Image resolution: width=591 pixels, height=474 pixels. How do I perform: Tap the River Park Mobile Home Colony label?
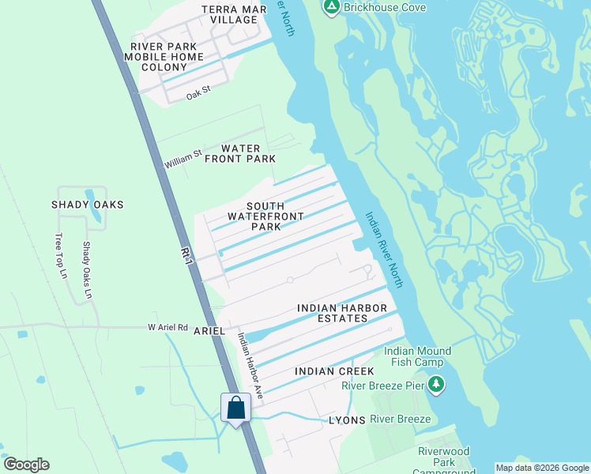pyautogui.click(x=167, y=57)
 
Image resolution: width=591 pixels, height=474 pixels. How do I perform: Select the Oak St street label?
pyautogui.click(x=199, y=94)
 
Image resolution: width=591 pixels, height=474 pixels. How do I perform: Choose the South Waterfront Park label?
pyautogui.click(x=254, y=216)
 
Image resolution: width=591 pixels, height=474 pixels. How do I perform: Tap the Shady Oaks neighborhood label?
pyautogui.click(x=88, y=205)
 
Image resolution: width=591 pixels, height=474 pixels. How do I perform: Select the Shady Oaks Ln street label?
pyautogui.click(x=87, y=270)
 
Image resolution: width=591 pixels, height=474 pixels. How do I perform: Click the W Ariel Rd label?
pyautogui.click(x=168, y=326)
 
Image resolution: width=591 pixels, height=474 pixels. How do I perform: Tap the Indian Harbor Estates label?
pyautogui.click(x=343, y=313)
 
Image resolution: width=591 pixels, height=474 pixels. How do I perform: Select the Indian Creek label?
pyautogui.click(x=328, y=371)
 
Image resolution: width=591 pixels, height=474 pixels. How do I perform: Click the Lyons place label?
pyautogui.click(x=347, y=420)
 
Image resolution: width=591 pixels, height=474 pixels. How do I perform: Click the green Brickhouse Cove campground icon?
pyautogui.click(x=332, y=8)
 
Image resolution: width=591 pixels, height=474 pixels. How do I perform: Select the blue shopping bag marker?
pyautogui.click(x=235, y=408)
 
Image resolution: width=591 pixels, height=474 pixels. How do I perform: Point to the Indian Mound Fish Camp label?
pyautogui.click(x=417, y=357)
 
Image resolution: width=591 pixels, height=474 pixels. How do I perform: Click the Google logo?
pyautogui.click(x=27, y=465)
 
